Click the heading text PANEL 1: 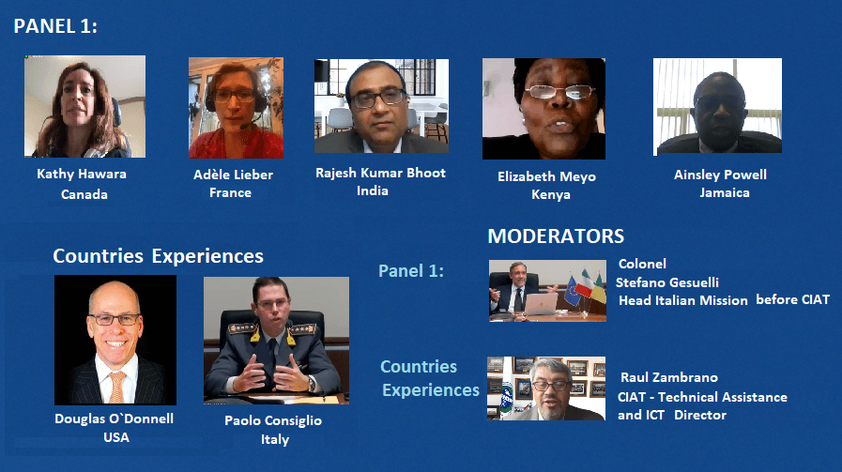tap(55, 26)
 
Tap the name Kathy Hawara tap(82, 174)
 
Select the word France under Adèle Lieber tap(230, 192)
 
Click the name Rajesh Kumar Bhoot tap(380, 173)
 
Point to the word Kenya tap(551, 194)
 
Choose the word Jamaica tap(725, 192)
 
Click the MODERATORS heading tap(556, 236)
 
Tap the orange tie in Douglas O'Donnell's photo tap(116, 388)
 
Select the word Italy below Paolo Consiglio tap(275, 439)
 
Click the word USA tap(116, 437)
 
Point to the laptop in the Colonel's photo tap(540, 304)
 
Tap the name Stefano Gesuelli tap(667, 282)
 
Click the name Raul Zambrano tap(669, 377)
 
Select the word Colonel tap(642, 264)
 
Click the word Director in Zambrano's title tap(700, 415)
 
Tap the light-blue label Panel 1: tap(411, 271)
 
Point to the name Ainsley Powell tap(720, 175)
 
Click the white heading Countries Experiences tap(158, 256)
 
